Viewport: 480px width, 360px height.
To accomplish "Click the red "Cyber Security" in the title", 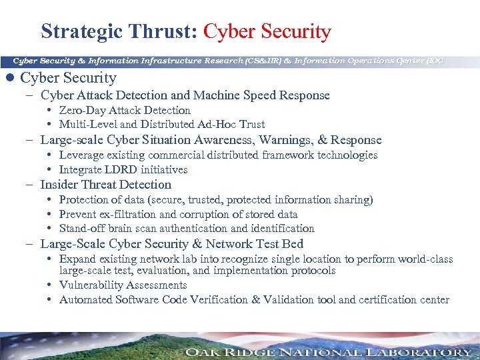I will pos(267,31).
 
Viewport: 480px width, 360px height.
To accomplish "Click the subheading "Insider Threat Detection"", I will pos(105,185).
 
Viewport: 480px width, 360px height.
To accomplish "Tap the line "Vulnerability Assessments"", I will pos(123,285).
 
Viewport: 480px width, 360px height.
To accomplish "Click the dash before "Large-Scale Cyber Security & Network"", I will pos(32,244).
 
